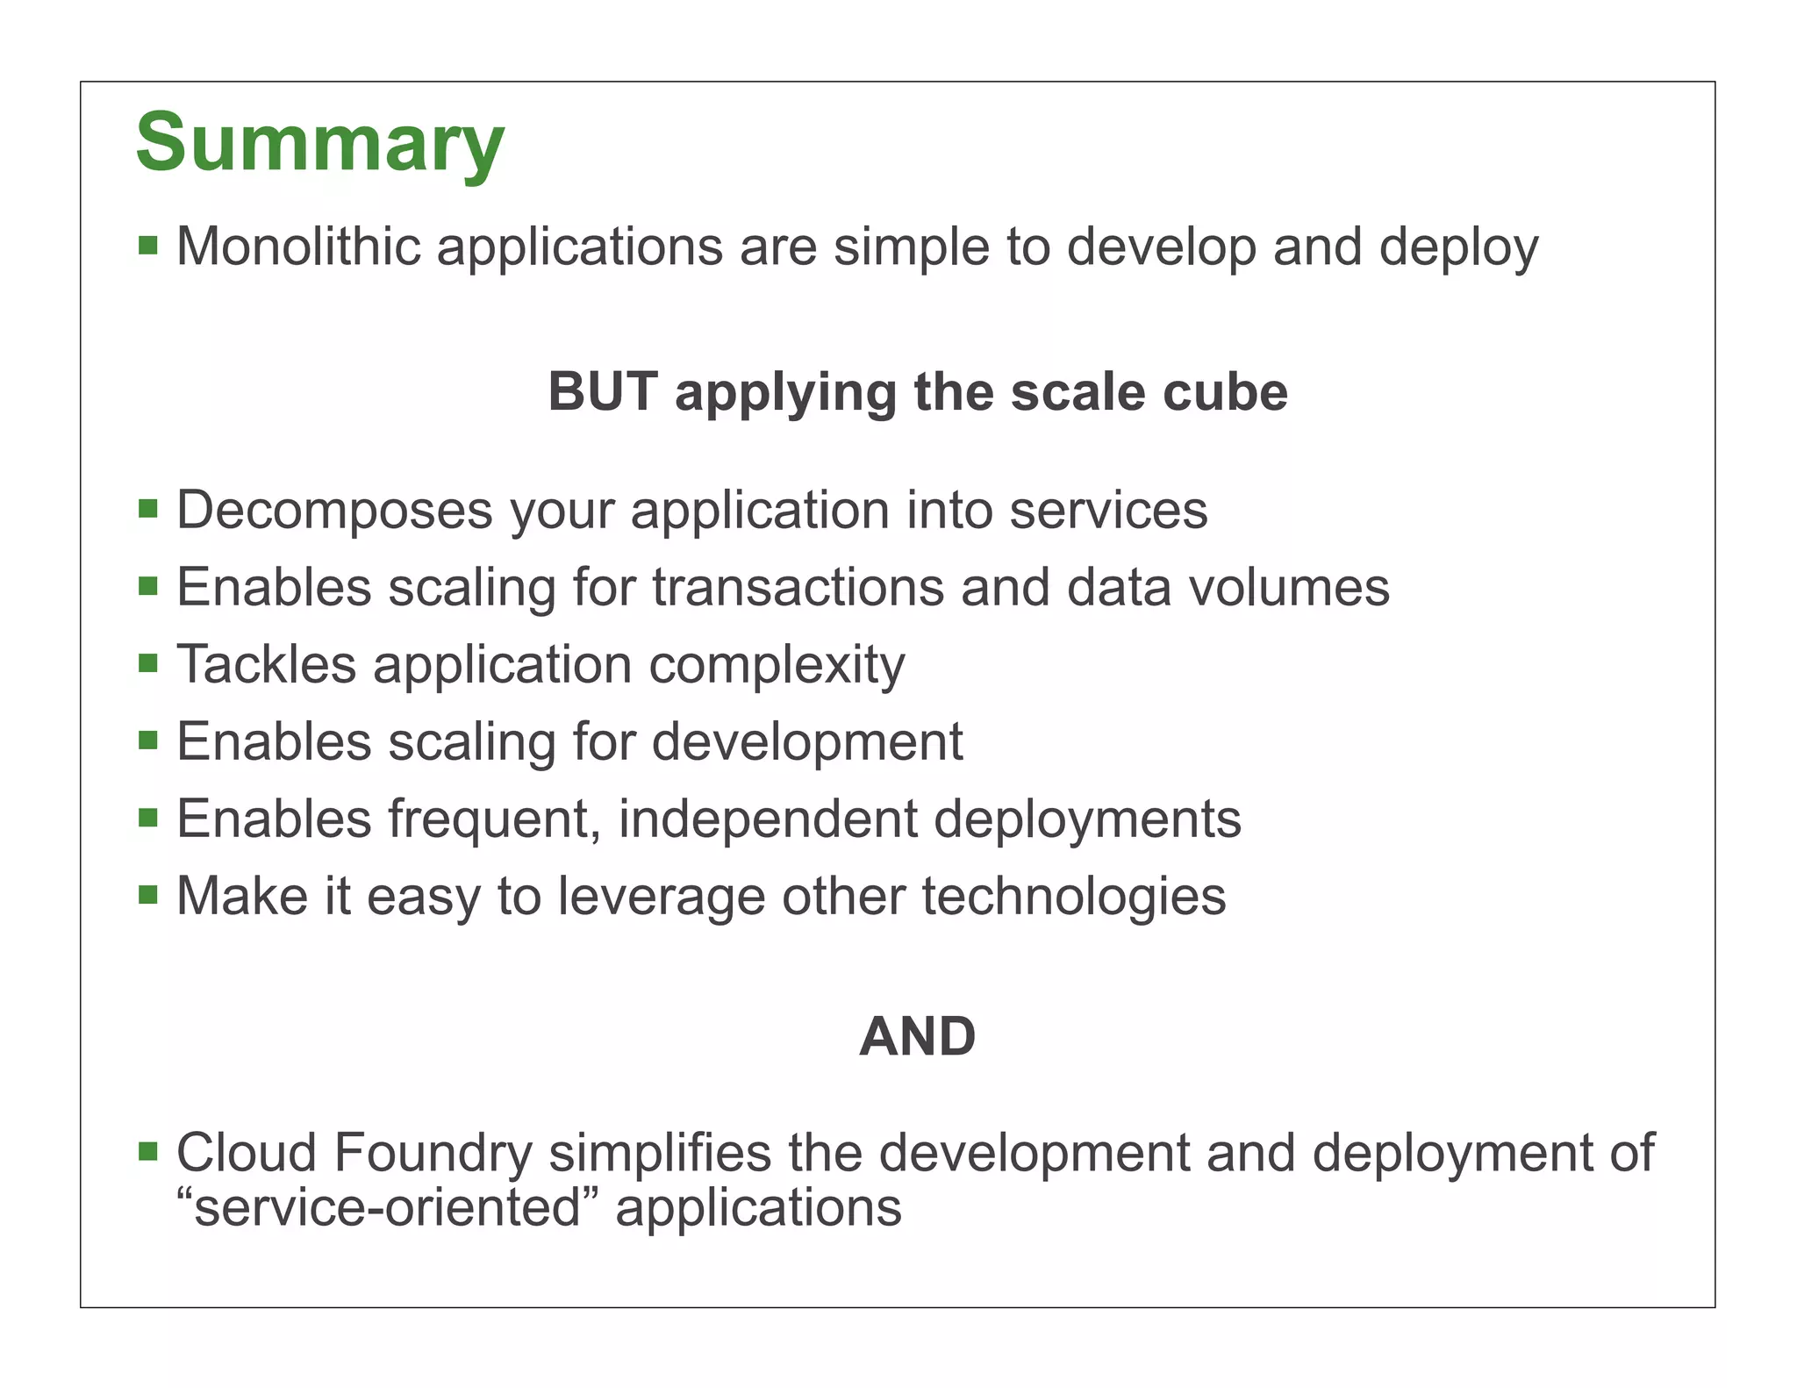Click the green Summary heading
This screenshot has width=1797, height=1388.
(320, 142)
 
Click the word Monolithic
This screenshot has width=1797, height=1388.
(298, 247)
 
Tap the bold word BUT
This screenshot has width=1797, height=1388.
(603, 391)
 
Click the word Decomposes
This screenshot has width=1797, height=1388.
(334, 511)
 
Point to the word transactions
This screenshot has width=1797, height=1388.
(798, 587)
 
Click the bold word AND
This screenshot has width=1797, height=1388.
(917, 1037)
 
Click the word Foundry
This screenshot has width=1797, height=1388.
(433, 1154)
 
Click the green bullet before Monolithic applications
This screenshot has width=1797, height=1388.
(148, 245)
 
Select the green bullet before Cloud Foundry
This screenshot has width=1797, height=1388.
(148, 1150)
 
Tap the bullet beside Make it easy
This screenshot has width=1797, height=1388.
(148, 894)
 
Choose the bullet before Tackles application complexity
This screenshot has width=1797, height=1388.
(148, 662)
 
